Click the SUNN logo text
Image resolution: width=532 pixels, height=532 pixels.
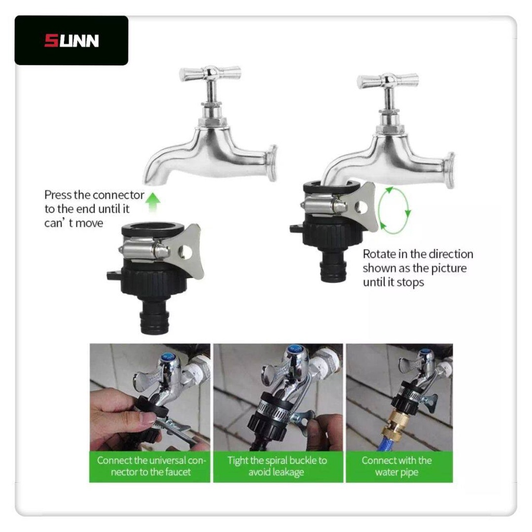[x=72, y=41]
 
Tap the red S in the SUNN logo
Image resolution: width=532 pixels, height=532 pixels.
[x=51, y=41]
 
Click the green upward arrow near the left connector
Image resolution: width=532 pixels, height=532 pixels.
[x=154, y=202]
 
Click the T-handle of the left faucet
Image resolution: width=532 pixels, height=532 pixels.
[x=210, y=73]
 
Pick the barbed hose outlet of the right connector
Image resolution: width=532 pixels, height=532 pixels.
[x=333, y=268]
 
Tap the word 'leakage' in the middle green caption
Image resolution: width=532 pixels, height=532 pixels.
[x=276, y=472]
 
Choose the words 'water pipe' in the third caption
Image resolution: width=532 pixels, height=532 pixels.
[x=396, y=472]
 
